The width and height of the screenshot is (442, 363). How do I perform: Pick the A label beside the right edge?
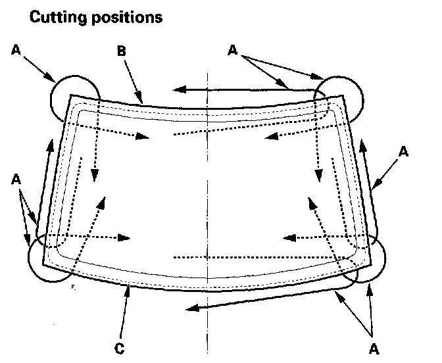pos(403,152)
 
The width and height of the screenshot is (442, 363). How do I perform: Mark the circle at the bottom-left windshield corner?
pos(49,258)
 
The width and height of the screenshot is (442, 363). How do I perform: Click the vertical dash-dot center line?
pos(207,197)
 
